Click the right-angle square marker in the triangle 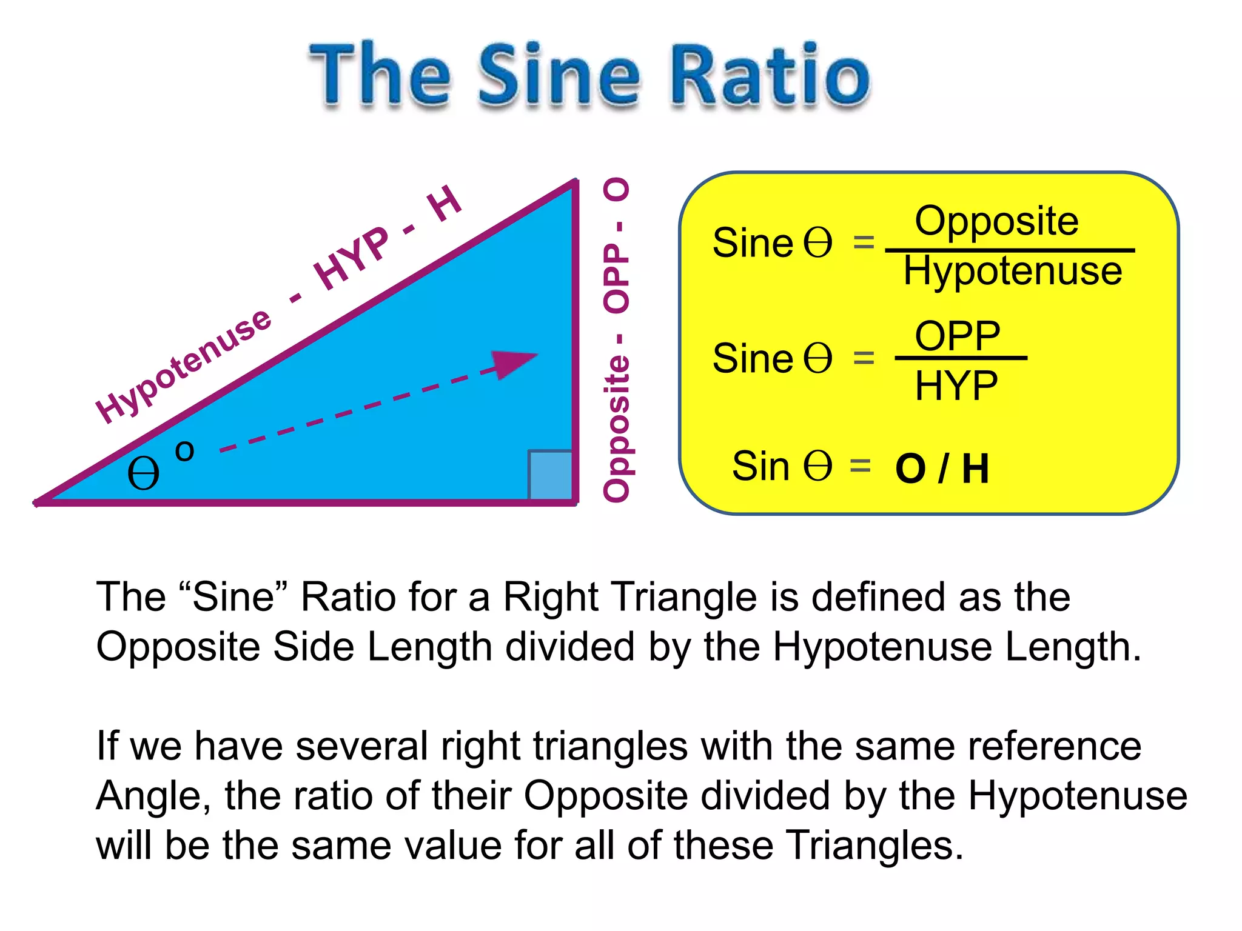[550, 475]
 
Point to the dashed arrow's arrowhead [515, 363]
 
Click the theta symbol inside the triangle [144, 474]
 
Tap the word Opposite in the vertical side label [617, 428]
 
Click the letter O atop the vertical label [617, 190]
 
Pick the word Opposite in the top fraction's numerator [996, 221]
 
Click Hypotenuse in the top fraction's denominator [1012, 270]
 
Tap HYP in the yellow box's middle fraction [956, 385]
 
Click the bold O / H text [941, 469]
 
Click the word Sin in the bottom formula [760, 466]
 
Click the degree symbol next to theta [184, 450]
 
